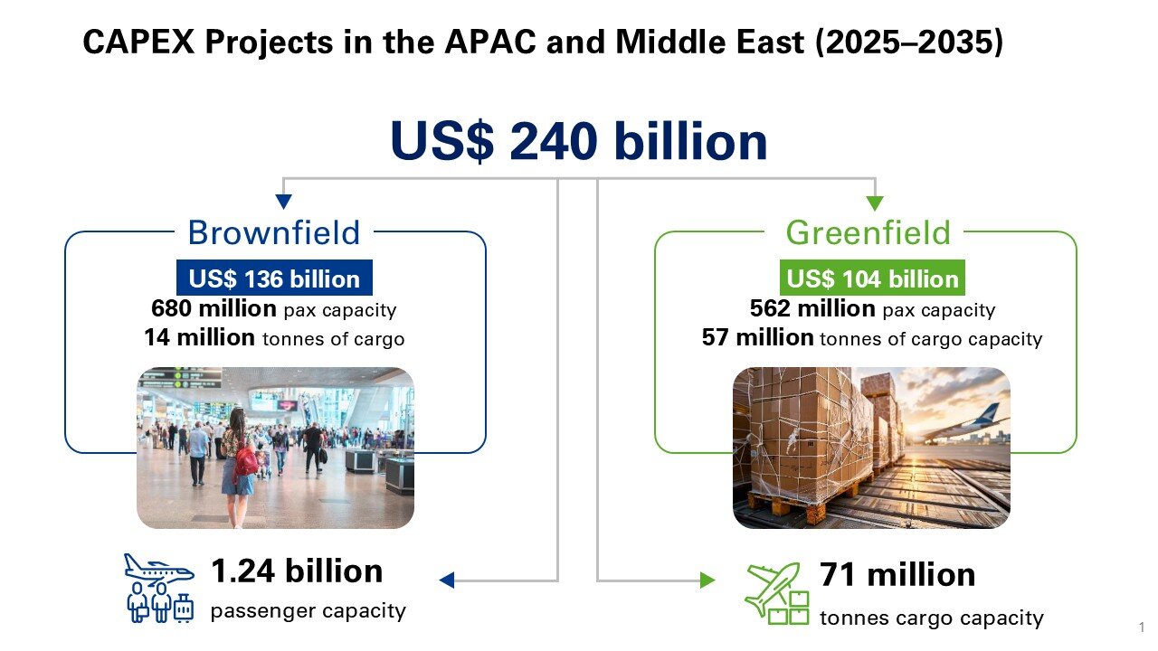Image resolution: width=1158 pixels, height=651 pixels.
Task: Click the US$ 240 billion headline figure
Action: pyautogui.click(x=578, y=141)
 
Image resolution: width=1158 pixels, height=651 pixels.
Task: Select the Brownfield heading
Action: pyautogui.click(x=273, y=232)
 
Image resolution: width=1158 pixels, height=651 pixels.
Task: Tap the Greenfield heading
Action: pyautogui.click(x=868, y=232)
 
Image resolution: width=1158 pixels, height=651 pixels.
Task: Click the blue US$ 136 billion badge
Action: pyautogui.click(x=274, y=278)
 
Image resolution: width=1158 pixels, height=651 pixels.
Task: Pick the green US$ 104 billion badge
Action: pyautogui.click(x=872, y=278)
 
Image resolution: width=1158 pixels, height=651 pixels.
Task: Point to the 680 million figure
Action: pyautogui.click(x=214, y=308)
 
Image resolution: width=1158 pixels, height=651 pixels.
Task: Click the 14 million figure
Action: pyautogui.click(x=199, y=337)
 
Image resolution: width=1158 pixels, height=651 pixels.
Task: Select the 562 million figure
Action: pyautogui.click(x=812, y=308)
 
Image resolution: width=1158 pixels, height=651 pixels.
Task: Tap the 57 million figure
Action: pyautogui.click(x=758, y=337)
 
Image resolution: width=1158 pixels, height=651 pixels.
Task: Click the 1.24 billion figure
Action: pyautogui.click(x=297, y=571)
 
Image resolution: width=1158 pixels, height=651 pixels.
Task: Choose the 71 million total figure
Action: pyautogui.click(x=897, y=574)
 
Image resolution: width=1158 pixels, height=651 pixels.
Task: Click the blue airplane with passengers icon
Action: pyautogui.click(x=159, y=588)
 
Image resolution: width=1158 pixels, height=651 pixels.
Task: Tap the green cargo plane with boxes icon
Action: pyautogui.click(x=777, y=593)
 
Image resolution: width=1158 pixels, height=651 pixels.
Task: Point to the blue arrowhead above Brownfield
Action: pyautogui.click(x=283, y=202)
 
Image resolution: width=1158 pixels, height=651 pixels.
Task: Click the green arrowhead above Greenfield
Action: pyautogui.click(x=875, y=203)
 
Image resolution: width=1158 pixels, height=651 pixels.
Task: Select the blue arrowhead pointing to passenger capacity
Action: pyautogui.click(x=447, y=580)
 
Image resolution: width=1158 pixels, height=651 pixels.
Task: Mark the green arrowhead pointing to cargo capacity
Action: pyautogui.click(x=707, y=580)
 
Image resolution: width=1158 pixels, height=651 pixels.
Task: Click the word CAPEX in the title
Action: pyautogui.click(x=138, y=42)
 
